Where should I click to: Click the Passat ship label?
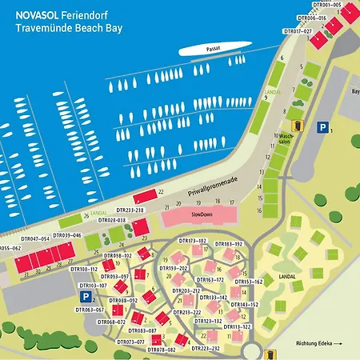point(211,48)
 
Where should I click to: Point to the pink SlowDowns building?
point(200,216)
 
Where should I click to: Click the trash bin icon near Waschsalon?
point(298,126)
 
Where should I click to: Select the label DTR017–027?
point(298,31)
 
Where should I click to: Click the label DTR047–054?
point(35,238)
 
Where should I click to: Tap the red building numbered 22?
point(145,196)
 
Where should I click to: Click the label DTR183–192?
point(228,243)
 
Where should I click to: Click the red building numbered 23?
point(141,229)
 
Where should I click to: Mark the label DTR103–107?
point(93,285)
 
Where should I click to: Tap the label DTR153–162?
point(248,282)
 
